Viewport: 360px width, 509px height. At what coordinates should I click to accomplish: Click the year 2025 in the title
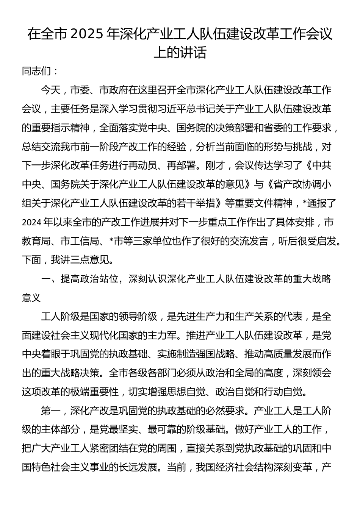86,34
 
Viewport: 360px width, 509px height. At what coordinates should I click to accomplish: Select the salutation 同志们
36,71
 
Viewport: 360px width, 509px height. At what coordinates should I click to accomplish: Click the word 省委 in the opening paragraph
280,128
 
